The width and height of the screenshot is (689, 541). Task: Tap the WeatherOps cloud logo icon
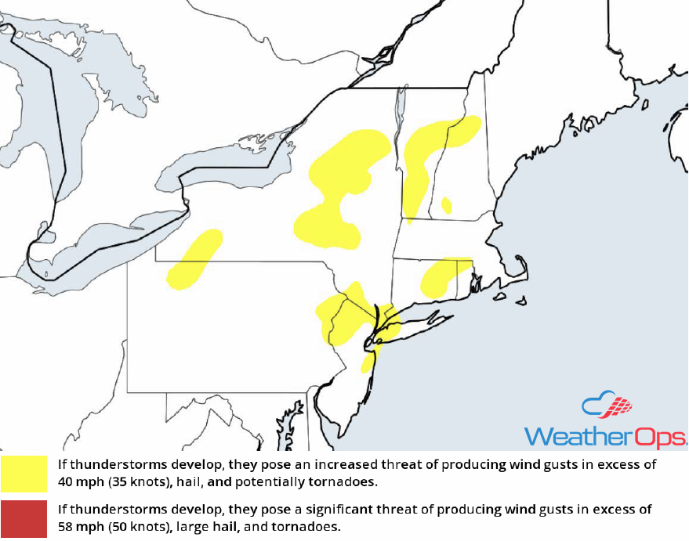pos(607,406)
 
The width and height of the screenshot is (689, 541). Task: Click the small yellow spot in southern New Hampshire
pos(446,206)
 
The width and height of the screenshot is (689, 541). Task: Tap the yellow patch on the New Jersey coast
pos(367,362)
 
